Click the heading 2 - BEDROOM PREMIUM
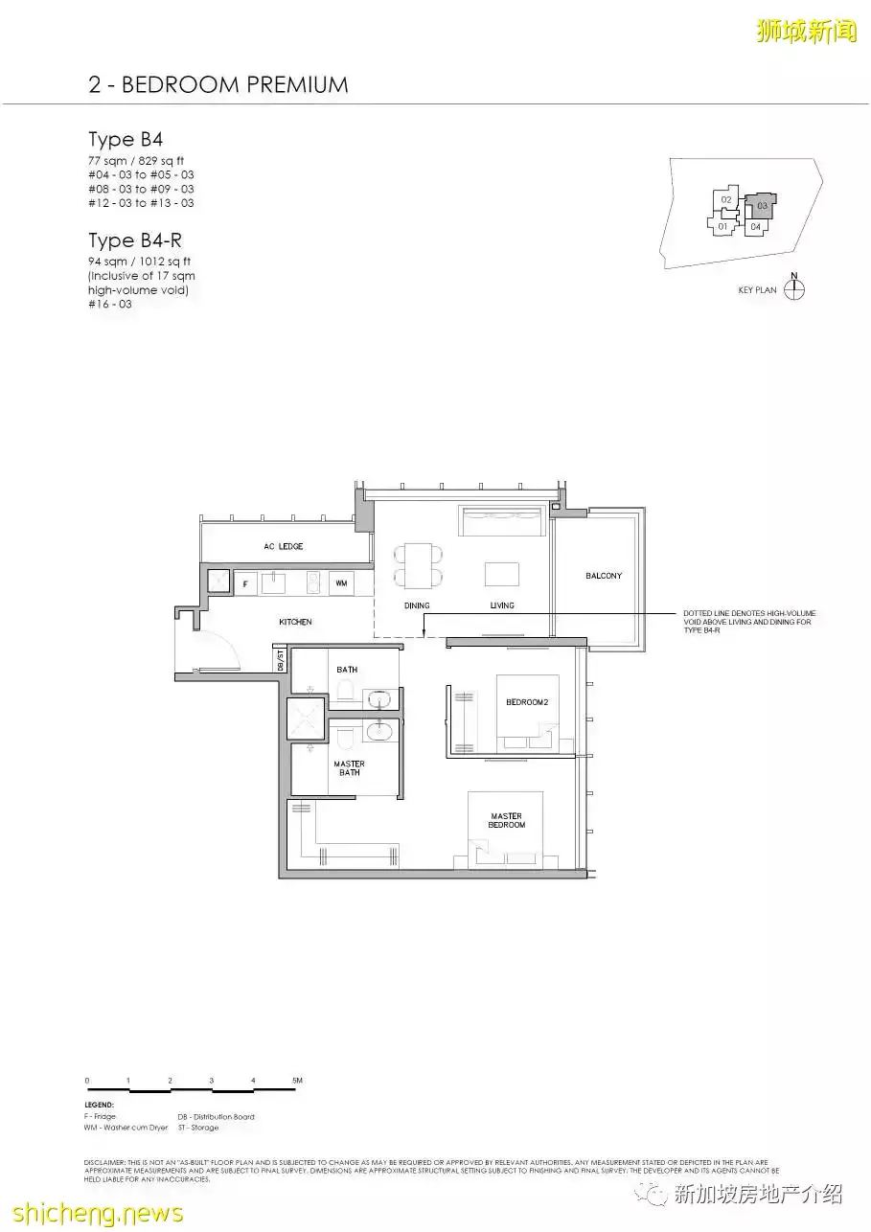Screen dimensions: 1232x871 (x=218, y=84)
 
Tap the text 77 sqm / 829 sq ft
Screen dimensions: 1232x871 (x=136, y=161)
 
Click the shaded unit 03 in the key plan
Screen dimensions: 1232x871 (x=762, y=205)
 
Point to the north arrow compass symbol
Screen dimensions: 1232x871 (x=794, y=288)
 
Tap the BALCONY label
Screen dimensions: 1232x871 (x=604, y=576)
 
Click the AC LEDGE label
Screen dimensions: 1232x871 (x=284, y=546)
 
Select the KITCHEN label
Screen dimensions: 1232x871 (x=295, y=622)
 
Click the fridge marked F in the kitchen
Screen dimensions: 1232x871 (x=245, y=582)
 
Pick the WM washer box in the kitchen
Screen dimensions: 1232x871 (x=341, y=582)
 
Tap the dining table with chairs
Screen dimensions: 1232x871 (x=418, y=565)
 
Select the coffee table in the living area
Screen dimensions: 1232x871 (x=502, y=573)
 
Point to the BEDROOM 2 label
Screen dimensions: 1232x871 (x=528, y=702)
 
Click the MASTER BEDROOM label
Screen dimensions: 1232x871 (x=506, y=820)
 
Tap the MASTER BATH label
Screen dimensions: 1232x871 (x=349, y=768)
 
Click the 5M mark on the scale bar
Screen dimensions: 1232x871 (x=297, y=1081)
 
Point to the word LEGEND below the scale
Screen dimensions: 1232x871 (x=99, y=1106)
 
